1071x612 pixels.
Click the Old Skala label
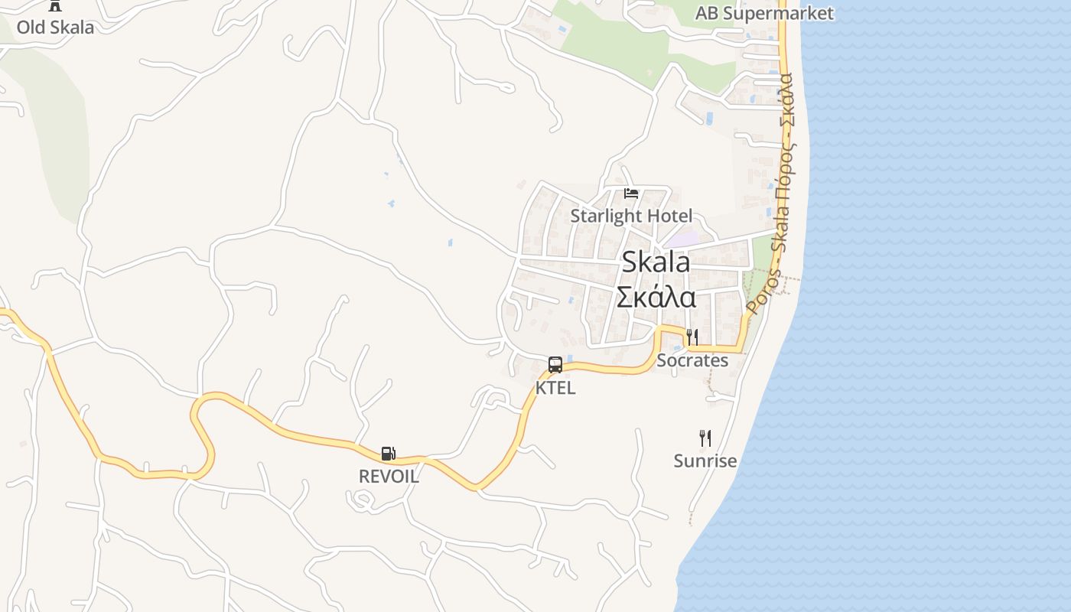pyautogui.click(x=55, y=28)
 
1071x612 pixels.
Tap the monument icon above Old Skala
pyautogui.click(x=55, y=5)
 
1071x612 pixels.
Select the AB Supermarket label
pyautogui.click(x=763, y=13)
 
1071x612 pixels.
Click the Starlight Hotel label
pyautogui.click(x=631, y=216)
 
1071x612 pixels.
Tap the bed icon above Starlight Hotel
pyautogui.click(x=631, y=193)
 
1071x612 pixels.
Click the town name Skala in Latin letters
pyautogui.click(x=656, y=262)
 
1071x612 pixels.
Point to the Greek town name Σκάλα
pyautogui.click(x=656, y=296)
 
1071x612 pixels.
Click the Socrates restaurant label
pyautogui.click(x=692, y=360)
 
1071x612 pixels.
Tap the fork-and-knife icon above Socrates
pyautogui.click(x=692, y=337)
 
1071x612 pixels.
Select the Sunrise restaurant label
pyautogui.click(x=705, y=461)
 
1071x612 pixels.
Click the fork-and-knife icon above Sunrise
pyautogui.click(x=705, y=438)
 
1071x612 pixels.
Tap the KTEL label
pyautogui.click(x=555, y=388)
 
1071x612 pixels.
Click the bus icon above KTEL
pyautogui.click(x=555, y=365)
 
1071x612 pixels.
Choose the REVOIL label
pyautogui.click(x=389, y=476)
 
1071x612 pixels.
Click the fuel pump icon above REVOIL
pyautogui.click(x=389, y=454)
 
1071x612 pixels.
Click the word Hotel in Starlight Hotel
pyautogui.click(x=669, y=216)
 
